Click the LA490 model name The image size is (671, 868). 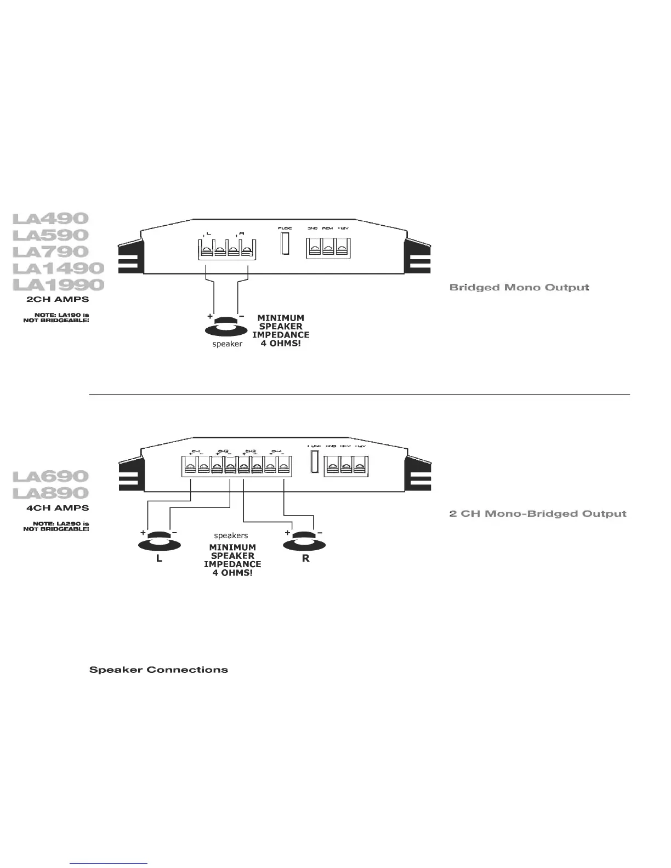click(50, 219)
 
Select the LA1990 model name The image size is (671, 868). click(58, 285)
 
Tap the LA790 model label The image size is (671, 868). click(50, 252)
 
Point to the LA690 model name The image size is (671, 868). click(50, 476)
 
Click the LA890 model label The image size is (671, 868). click(50, 493)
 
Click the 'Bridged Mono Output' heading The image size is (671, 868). click(519, 287)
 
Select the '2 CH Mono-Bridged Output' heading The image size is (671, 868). click(537, 513)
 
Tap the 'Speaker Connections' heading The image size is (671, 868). click(158, 670)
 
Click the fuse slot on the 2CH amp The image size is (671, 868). click(285, 243)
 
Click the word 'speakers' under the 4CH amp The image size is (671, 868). click(231, 535)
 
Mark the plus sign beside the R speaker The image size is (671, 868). click(287, 532)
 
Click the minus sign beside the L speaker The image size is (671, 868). click(174, 532)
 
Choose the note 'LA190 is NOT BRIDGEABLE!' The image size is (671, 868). click(56, 317)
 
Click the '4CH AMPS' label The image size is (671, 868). click(58, 508)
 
